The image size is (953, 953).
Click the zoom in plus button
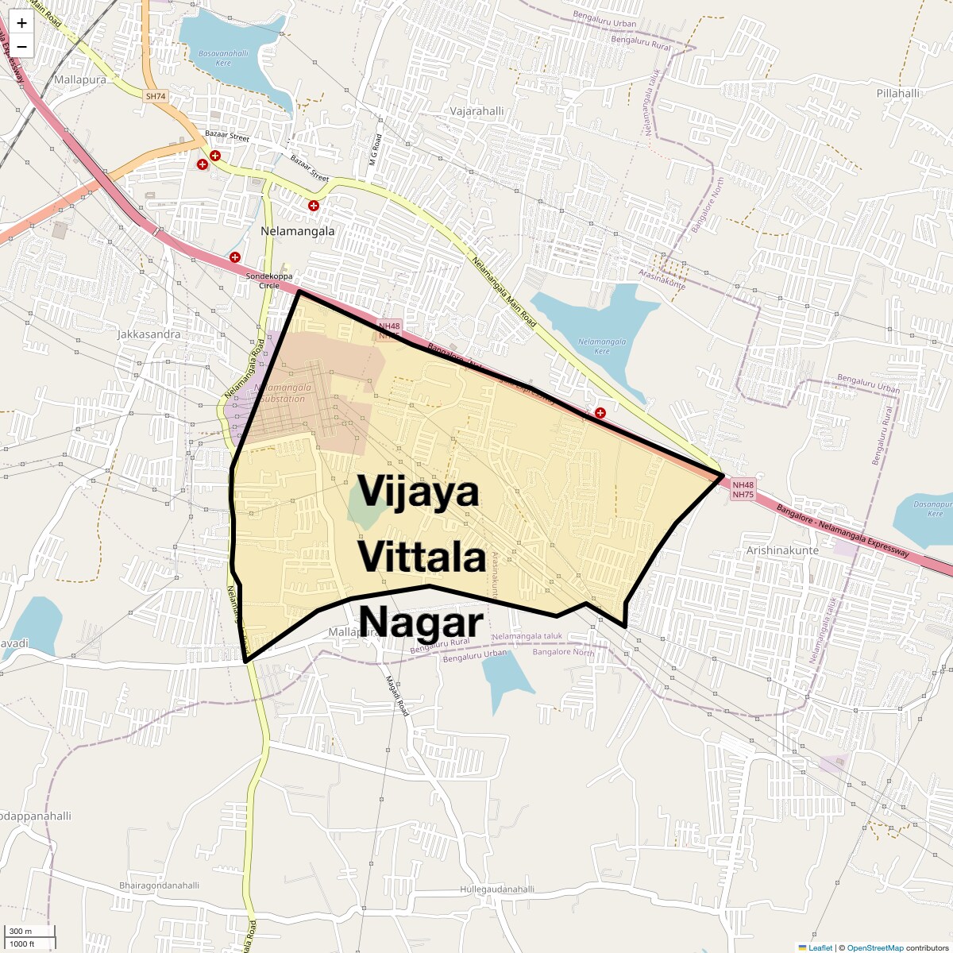(x=21, y=23)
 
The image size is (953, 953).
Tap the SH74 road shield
(x=156, y=96)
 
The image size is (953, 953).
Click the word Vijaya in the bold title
(x=419, y=492)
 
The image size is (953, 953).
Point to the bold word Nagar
(x=421, y=623)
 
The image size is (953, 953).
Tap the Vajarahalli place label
(x=476, y=111)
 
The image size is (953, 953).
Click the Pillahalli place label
(x=897, y=93)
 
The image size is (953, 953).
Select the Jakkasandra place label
(x=149, y=334)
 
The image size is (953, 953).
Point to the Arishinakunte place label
(x=782, y=550)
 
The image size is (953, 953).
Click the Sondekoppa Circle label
(x=268, y=280)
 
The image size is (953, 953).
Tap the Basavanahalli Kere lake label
(x=223, y=58)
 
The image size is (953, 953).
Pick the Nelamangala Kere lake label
(x=602, y=346)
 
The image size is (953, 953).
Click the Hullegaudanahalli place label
(x=497, y=889)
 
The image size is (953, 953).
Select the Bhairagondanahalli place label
(x=159, y=885)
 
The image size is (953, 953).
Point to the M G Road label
(x=376, y=150)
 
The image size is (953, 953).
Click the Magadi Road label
(x=396, y=696)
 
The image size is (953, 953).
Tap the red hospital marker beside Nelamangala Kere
(x=600, y=413)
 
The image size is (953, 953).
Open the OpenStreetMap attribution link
(x=875, y=947)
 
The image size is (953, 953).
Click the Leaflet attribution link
(x=820, y=947)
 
